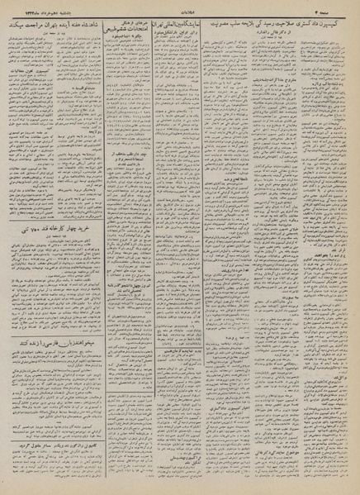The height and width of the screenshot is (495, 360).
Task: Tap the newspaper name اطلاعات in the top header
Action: (178, 7)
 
